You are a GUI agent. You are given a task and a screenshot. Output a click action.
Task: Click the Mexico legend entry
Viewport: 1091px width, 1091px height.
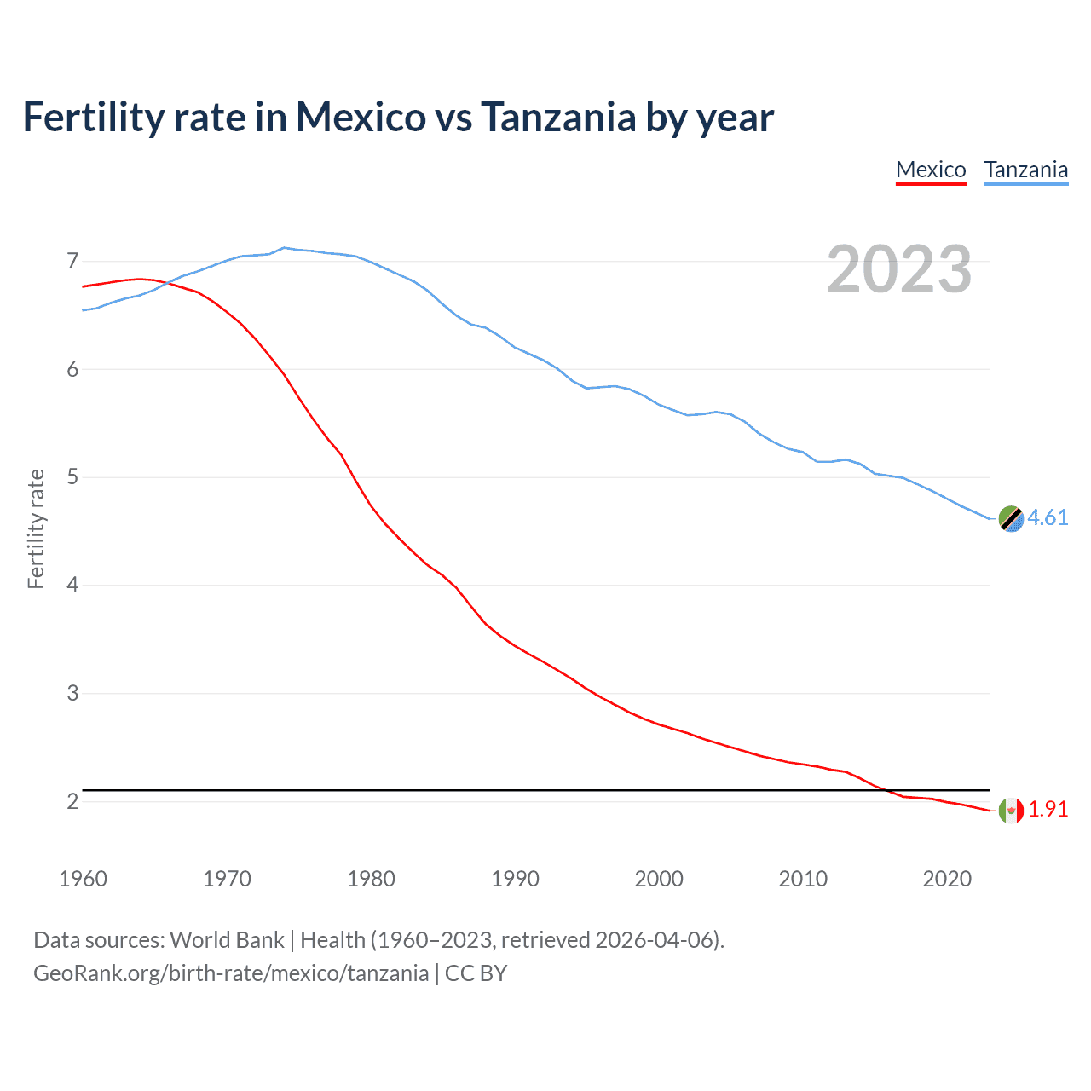(931, 170)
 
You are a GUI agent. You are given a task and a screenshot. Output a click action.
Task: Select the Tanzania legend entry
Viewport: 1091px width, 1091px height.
(1026, 170)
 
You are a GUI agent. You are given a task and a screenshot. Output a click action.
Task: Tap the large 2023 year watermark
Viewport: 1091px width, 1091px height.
(898, 269)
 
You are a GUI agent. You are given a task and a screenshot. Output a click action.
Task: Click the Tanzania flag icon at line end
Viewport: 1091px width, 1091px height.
(1011, 518)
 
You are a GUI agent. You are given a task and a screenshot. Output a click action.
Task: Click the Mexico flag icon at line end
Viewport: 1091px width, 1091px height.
(1011, 810)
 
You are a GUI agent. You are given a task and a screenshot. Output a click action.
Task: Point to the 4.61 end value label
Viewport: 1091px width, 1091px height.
(1048, 517)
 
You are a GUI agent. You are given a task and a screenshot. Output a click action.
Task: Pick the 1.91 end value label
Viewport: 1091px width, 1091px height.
(1048, 809)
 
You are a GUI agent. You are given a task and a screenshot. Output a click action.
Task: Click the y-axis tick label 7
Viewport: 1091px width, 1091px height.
(72, 261)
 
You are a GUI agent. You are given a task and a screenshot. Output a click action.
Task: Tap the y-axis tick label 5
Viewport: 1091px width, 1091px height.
(72, 476)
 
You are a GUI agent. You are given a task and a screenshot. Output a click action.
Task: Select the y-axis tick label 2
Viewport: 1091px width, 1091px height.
(72, 801)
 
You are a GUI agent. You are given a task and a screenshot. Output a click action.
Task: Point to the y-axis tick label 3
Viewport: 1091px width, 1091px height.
(72, 693)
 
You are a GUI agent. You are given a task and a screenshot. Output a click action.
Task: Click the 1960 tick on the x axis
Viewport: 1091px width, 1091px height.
(83, 879)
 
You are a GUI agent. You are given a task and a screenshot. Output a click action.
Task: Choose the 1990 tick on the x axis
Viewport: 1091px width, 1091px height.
(515, 879)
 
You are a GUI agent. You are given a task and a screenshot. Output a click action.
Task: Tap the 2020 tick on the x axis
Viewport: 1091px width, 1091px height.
(947, 879)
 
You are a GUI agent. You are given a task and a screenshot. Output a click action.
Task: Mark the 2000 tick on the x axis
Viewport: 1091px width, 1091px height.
(659, 879)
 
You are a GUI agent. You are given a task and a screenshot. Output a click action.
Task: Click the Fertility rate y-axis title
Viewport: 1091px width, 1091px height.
(36, 528)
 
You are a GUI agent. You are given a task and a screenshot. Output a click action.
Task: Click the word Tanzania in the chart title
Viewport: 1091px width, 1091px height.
(558, 117)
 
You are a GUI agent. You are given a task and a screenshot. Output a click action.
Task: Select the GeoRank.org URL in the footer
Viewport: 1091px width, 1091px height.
(231, 973)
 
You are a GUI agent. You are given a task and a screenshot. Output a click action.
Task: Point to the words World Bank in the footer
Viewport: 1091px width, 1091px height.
(227, 940)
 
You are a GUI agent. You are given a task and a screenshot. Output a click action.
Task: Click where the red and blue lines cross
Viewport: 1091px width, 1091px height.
(165, 282)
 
